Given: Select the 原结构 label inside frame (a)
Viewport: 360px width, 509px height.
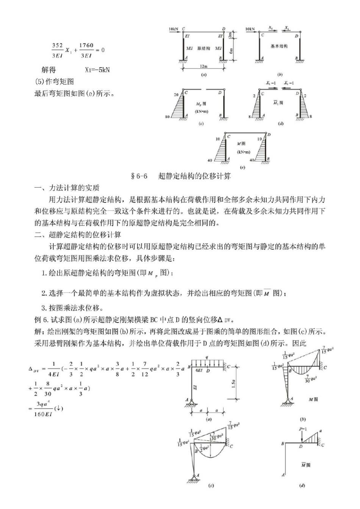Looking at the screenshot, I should click(203, 49).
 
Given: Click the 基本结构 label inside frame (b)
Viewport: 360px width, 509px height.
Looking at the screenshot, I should click(279, 46).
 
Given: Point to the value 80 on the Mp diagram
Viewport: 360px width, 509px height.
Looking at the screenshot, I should click(167, 117).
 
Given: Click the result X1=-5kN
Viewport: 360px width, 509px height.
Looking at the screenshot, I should click(97, 70).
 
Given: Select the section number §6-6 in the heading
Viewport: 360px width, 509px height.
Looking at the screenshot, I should click(139, 176).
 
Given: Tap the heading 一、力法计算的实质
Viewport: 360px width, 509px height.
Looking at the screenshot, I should click(67, 188).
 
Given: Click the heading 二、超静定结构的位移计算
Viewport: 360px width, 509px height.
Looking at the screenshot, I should click(78, 235).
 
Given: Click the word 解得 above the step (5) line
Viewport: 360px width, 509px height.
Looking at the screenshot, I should click(49, 70).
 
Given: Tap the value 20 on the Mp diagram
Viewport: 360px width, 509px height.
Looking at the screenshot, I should click(176, 95).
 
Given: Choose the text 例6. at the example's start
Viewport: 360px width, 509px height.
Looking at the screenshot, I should click(42, 319).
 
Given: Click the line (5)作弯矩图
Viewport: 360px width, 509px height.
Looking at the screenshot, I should click(54, 81).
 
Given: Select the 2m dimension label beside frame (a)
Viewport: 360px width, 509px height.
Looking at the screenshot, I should click(230, 35).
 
